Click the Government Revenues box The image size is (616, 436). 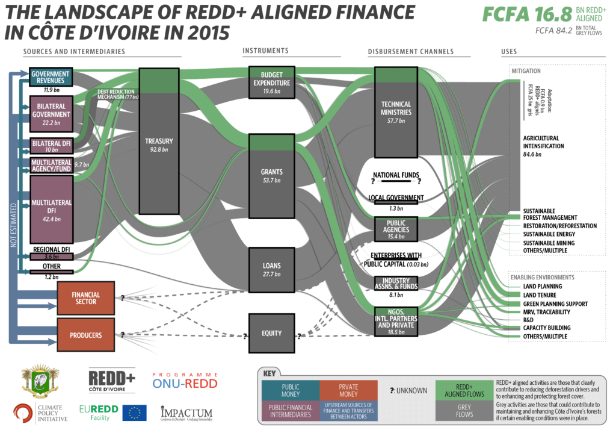point(51,76)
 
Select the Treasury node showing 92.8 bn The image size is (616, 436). point(159,141)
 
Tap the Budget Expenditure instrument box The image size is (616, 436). point(271,82)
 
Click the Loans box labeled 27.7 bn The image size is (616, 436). point(271,270)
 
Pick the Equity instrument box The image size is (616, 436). point(271,333)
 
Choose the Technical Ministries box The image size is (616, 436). point(396,112)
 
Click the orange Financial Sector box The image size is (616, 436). point(85,298)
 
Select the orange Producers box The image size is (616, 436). point(85,335)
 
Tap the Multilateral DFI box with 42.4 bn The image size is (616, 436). point(51,210)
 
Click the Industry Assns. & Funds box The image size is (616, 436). point(396,283)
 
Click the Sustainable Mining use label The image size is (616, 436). point(549,243)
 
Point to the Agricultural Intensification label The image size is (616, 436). point(544,142)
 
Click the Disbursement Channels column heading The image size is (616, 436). point(410,51)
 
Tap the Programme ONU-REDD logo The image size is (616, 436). point(185,380)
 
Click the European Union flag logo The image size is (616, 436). point(134,413)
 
